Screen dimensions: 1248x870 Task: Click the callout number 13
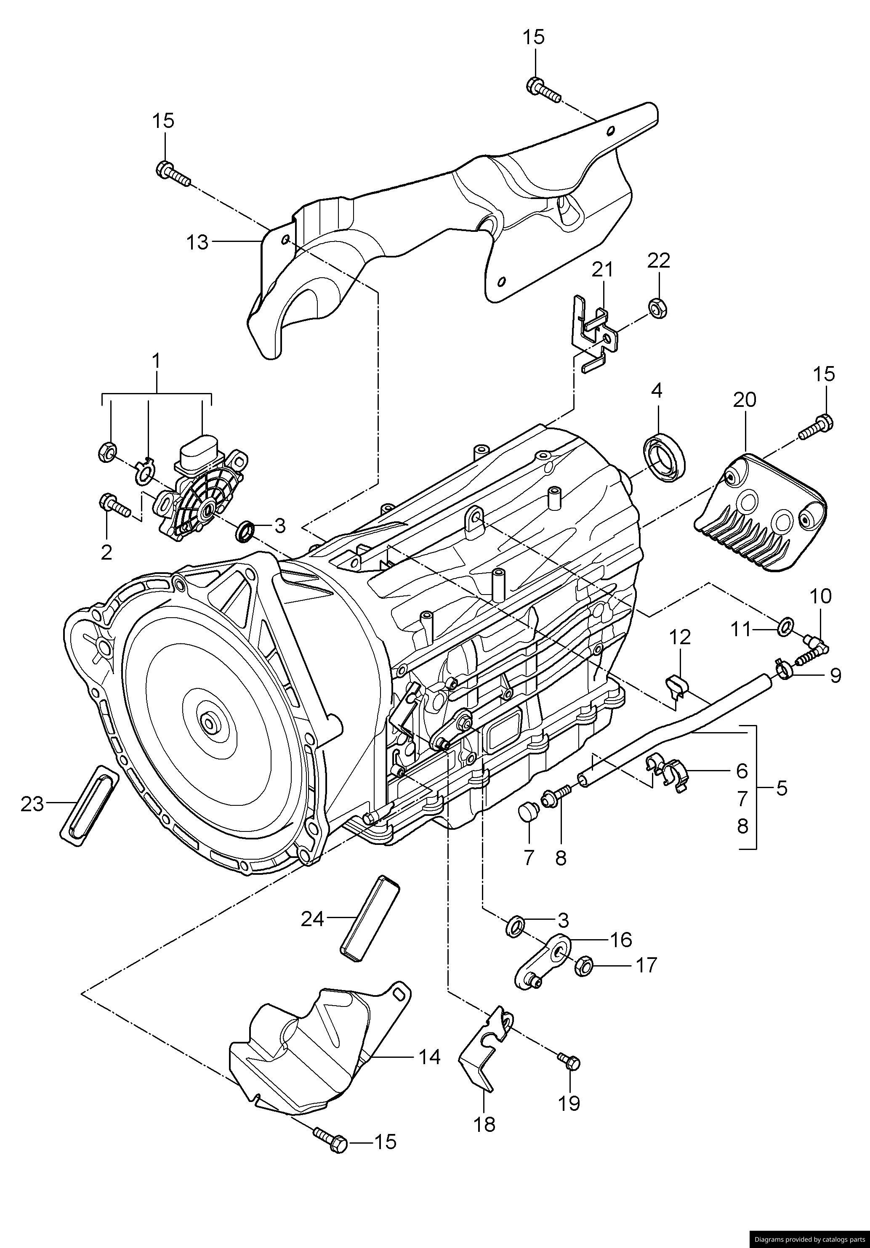click(197, 242)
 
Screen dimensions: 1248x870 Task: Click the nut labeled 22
click(658, 308)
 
